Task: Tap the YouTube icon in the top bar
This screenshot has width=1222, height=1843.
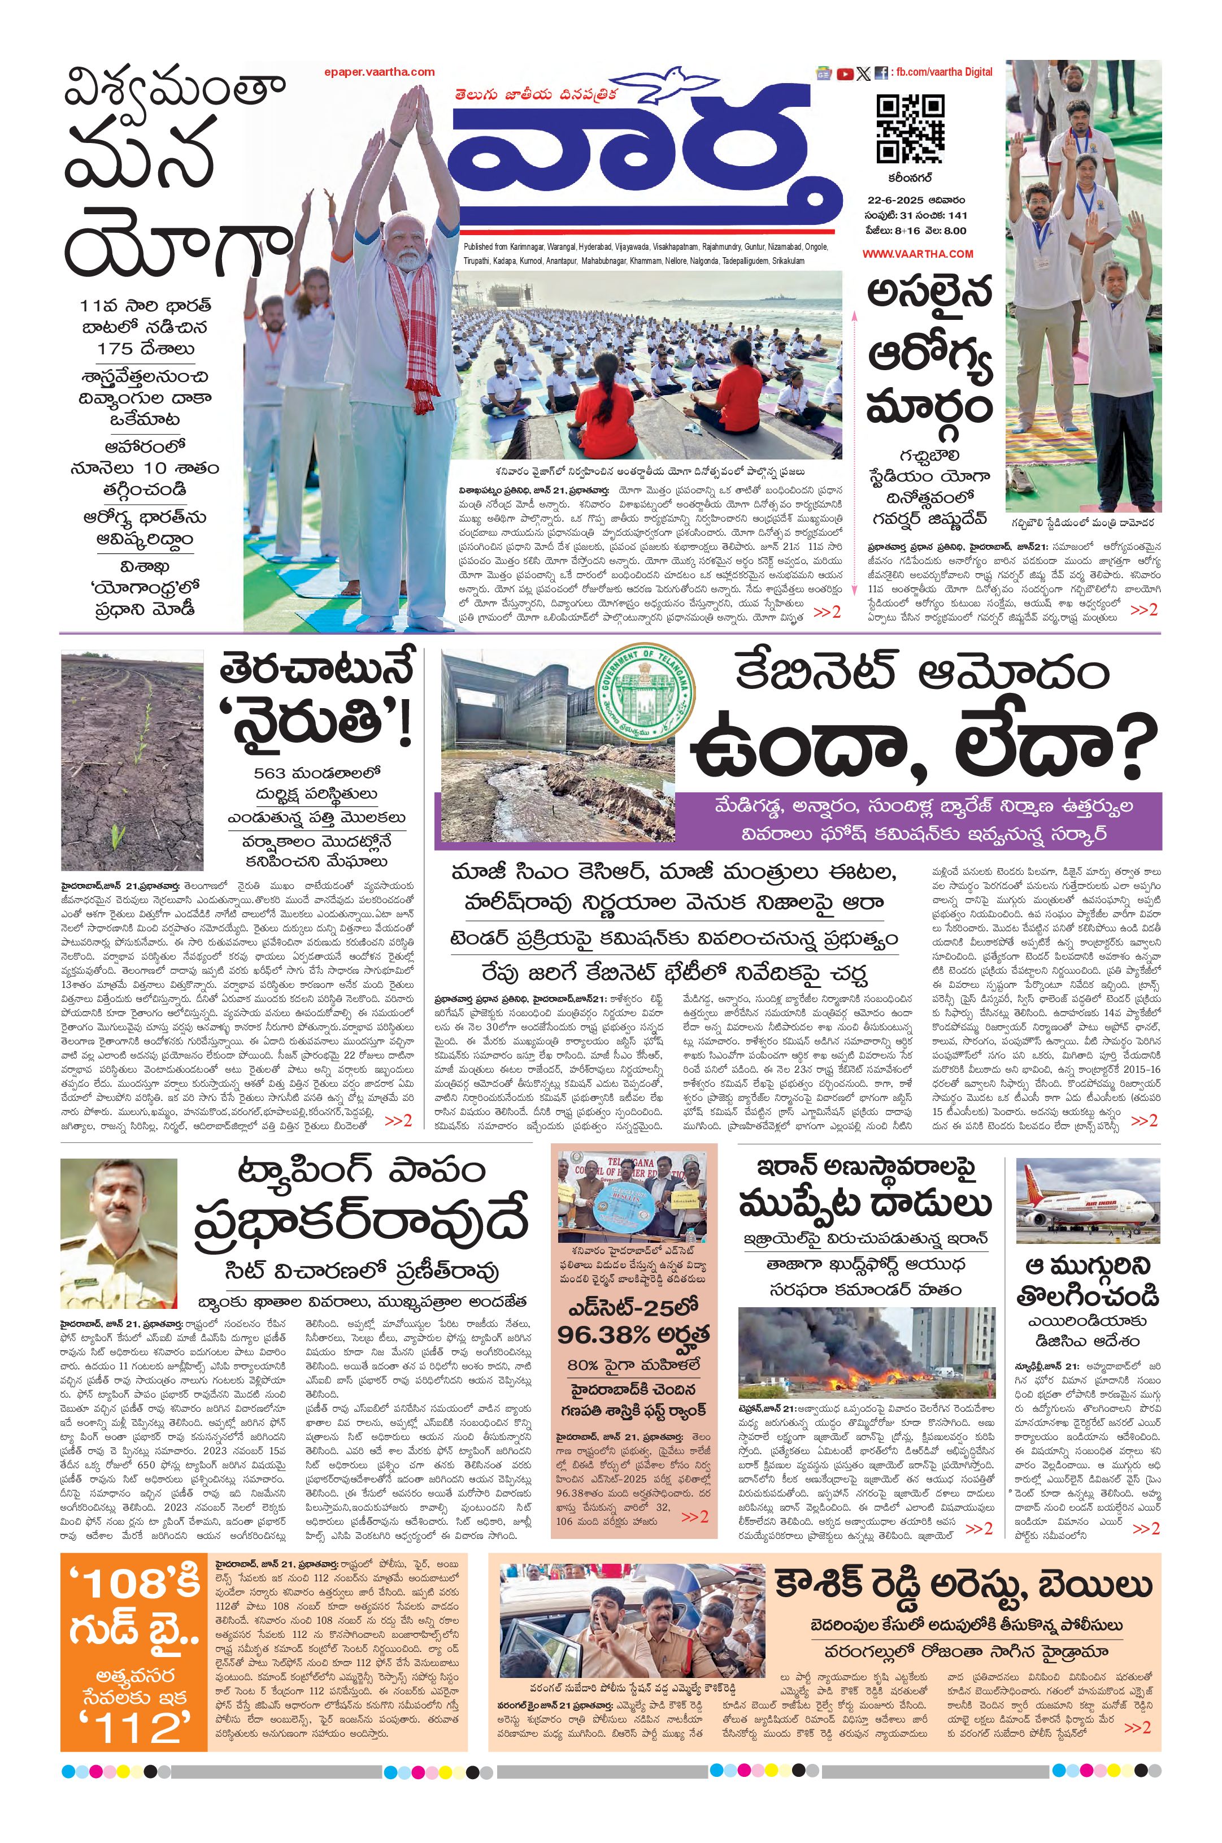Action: point(845,74)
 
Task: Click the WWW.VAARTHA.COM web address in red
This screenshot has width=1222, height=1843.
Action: point(917,253)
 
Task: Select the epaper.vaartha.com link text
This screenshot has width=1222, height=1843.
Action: point(380,72)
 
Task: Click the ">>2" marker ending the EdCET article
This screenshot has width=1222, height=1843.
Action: point(694,1516)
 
